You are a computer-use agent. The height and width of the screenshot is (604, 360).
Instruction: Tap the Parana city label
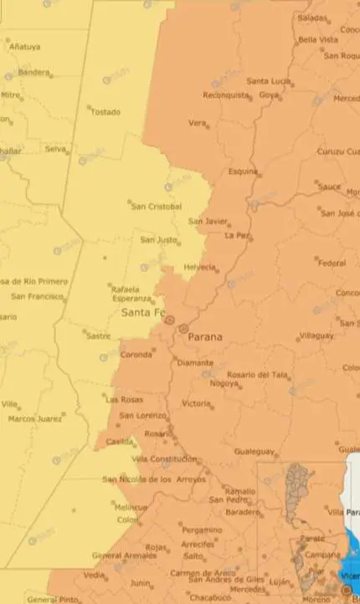click(205, 337)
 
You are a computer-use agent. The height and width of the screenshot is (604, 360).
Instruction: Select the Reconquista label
click(226, 95)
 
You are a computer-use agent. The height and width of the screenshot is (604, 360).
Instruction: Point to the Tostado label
click(105, 112)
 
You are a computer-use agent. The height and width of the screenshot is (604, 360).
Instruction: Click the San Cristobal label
click(157, 207)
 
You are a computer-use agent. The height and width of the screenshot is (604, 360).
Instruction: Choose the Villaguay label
click(316, 335)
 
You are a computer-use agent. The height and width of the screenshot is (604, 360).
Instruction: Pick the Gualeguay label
click(255, 451)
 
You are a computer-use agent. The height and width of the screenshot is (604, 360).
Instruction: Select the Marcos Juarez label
click(35, 417)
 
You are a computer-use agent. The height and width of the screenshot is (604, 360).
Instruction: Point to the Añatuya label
click(23, 47)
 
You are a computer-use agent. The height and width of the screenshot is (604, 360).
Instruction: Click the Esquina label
click(243, 171)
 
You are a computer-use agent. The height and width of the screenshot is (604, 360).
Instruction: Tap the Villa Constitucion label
click(165, 459)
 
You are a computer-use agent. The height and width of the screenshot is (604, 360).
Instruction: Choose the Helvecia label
click(200, 268)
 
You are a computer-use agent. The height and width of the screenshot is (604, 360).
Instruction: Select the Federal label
click(332, 263)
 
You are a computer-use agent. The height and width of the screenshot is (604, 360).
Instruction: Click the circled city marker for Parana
click(183, 329)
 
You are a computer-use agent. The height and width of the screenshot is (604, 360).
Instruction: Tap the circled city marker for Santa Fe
click(169, 319)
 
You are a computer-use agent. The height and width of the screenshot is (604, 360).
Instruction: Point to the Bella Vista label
click(318, 39)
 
